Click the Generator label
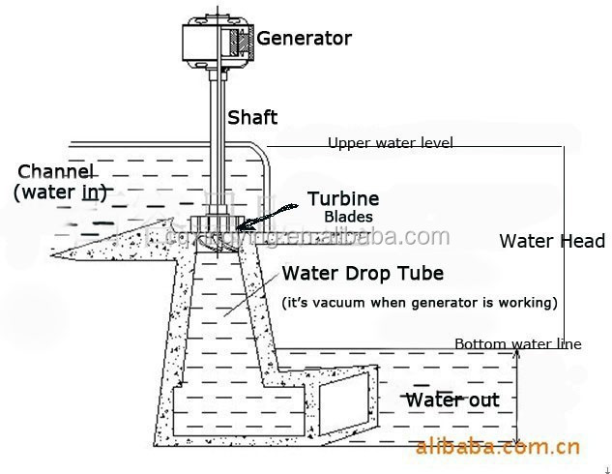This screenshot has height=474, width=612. (304, 39)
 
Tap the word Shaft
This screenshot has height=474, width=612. (252, 118)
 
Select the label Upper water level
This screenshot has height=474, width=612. (390, 143)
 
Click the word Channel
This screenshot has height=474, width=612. (57, 171)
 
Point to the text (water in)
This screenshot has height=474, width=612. (60, 193)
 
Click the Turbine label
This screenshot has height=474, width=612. (343, 199)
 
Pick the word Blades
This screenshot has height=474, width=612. (348, 218)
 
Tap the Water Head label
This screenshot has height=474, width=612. (552, 242)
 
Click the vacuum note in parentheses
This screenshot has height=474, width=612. (420, 303)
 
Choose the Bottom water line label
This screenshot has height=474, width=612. (517, 343)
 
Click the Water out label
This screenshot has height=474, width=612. (452, 400)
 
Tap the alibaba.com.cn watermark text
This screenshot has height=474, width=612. (497, 447)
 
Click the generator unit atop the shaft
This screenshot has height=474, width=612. (219, 40)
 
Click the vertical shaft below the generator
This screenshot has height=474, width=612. (215, 135)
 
